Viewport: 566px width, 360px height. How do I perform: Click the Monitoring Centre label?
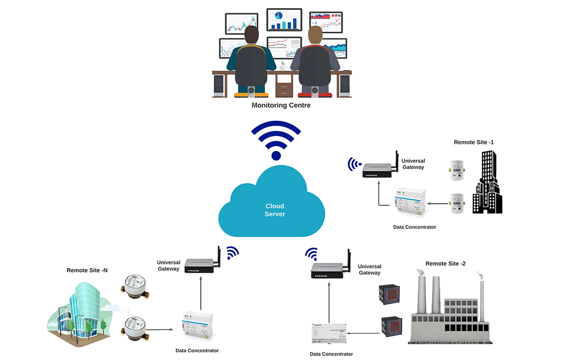click(x=281, y=105)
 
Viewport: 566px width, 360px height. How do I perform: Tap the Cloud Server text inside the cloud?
click(x=275, y=210)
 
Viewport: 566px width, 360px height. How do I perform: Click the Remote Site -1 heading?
click(x=474, y=142)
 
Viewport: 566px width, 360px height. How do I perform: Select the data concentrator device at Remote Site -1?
click(x=409, y=202)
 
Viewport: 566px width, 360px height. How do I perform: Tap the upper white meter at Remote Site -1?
click(x=457, y=169)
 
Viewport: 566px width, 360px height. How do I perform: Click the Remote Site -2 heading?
click(x=445, y=264)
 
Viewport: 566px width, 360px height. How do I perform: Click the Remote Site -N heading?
click(x=87, y=270)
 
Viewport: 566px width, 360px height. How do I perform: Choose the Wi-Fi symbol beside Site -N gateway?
click(x=231, y=253)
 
